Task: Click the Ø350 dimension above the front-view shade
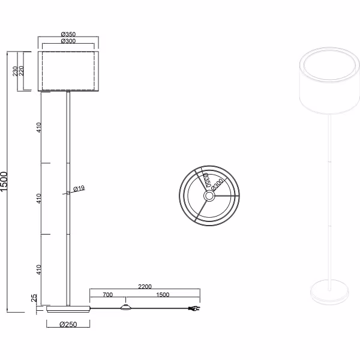(x=67, y=35)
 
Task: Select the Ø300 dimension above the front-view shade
(x=67, y=41)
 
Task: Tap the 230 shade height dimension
(x=14, y=71)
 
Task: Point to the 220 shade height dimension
(x=22, y=71)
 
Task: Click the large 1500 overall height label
(x=5, y=182)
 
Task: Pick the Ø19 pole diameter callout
(x=79, y=188)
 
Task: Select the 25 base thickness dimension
(x=35, y=298)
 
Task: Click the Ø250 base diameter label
(x=68, y=325)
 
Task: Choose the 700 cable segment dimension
(x=107, y=295)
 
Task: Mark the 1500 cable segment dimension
(x=161, y=295)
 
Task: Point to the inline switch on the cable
(x=126, y=308)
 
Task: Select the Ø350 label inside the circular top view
(x=205, y=179)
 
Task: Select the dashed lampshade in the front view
(x=68, y=71)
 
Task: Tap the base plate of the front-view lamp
(x=68, y=310)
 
